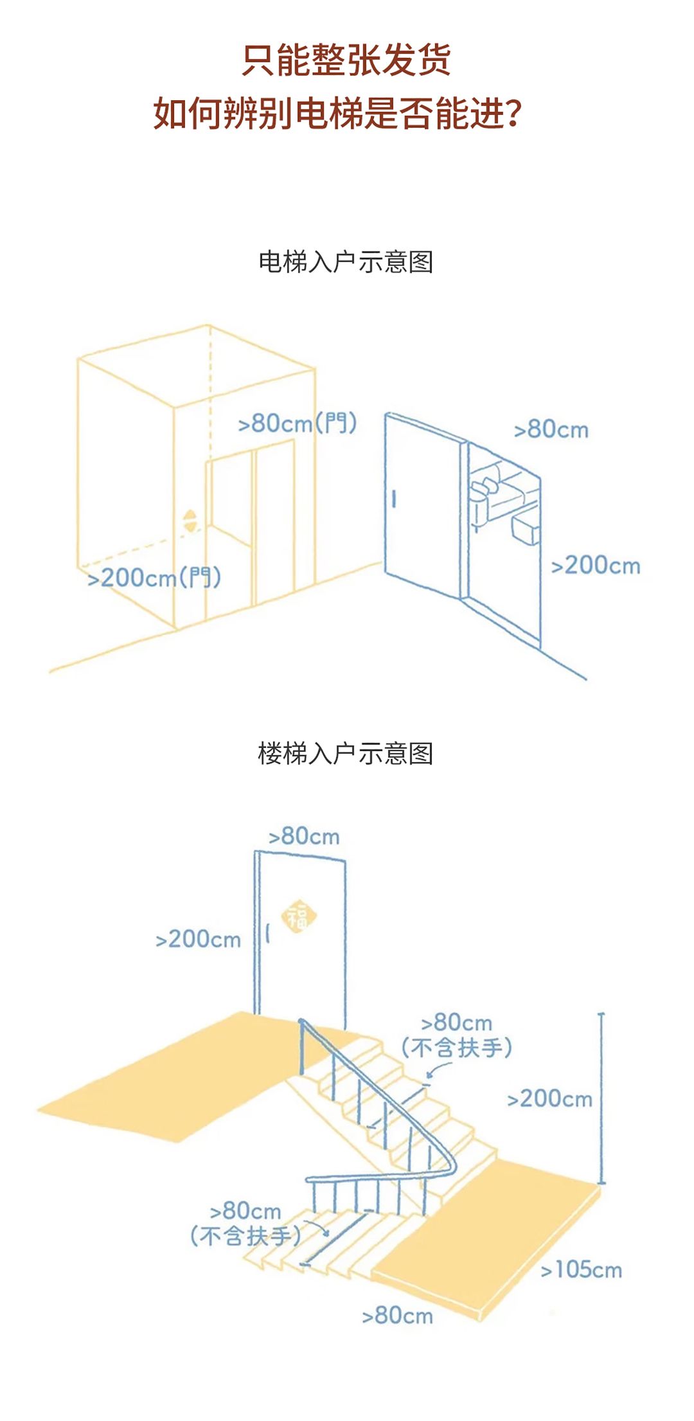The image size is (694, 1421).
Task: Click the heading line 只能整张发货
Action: (x=346, y=60)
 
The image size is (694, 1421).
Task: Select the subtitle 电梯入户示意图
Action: (x=346, y=262)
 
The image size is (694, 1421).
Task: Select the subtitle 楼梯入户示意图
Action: (x=346, y=753)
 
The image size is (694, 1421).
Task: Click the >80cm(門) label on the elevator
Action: (x=297, y=424)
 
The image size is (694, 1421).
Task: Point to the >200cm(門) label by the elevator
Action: (x=154, y=577)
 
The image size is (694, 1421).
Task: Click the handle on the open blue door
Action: (x=394, y=498)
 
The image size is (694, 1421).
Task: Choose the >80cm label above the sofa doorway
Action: (x=551, y=429)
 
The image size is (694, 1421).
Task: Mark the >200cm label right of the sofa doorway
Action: (x=596, y=566)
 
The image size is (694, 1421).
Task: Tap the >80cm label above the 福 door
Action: (x=304, y=836)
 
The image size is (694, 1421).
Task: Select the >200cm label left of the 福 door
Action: (x=199, y=939)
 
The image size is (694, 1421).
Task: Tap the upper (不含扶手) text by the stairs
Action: (x=457, y=1048)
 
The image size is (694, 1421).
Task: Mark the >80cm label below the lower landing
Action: (x=398, y=1315)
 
